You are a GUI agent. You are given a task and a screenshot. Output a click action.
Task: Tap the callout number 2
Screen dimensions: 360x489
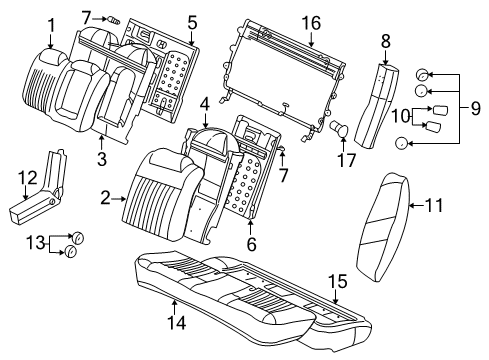[104, 199]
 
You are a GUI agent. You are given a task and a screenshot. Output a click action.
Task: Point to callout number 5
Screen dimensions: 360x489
[193, 19]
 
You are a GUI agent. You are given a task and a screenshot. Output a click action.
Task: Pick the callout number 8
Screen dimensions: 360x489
[386, 41]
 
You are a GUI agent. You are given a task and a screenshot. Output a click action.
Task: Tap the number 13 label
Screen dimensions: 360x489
[29, 243]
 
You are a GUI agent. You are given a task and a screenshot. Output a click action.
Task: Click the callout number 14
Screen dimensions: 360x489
[175, 321]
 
